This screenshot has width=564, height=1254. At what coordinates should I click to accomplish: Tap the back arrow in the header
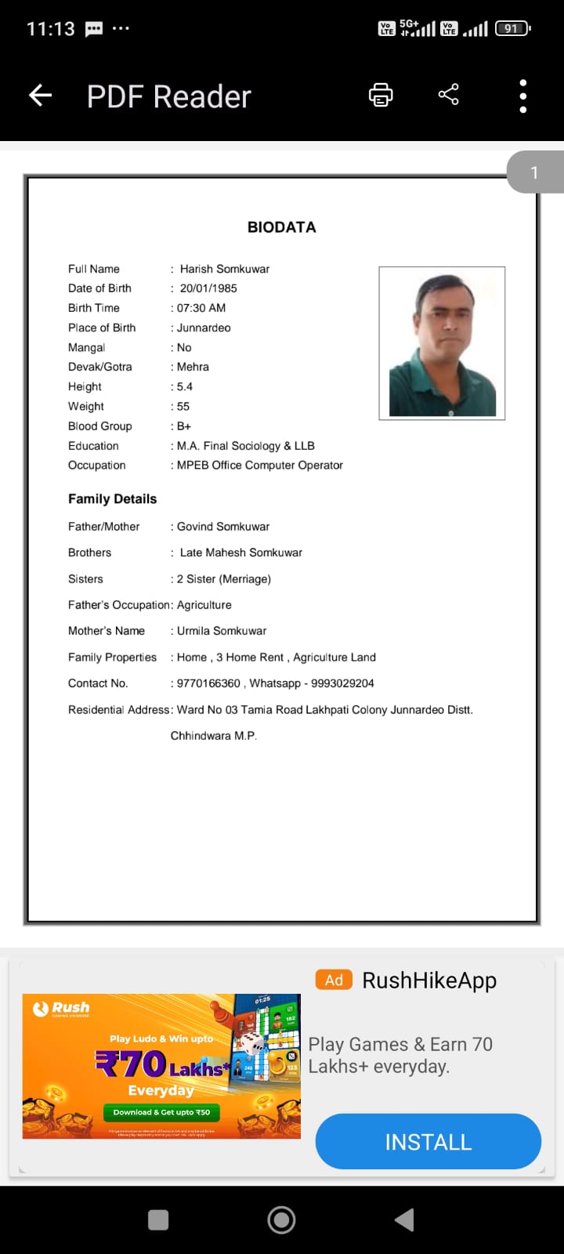(40, 96)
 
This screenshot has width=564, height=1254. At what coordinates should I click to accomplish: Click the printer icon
(381, 96)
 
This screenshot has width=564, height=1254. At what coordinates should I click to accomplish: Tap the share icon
(449, 96)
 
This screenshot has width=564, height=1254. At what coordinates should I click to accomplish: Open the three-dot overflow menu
(523, 96)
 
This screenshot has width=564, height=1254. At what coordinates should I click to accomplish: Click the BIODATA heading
(282, 227)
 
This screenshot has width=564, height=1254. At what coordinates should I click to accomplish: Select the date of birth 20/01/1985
(208, 288)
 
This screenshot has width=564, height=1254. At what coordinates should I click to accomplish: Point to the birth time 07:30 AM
(201, 308)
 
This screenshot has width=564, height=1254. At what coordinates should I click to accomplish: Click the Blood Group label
(100, 426)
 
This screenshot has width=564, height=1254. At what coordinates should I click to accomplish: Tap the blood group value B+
(184, 426)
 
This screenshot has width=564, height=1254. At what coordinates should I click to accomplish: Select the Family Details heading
(113, 499)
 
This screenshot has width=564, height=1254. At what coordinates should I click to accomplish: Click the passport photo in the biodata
(442, 343)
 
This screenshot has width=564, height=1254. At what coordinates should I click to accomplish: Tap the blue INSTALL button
(428, 1142)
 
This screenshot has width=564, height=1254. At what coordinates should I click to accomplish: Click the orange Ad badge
(334, 980)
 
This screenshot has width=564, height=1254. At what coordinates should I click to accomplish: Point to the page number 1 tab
(535, 172)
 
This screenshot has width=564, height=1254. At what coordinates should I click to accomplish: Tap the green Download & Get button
(161, 1112)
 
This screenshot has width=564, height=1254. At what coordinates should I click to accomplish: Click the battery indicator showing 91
(512, 29)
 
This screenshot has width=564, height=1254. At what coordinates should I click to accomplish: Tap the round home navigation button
(282, 1220)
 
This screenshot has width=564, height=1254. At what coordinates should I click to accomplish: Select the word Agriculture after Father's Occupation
(204, 605)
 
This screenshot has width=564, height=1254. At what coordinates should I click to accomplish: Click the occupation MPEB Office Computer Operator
(260, 466)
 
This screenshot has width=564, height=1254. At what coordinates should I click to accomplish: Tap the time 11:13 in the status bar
(51, 29)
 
